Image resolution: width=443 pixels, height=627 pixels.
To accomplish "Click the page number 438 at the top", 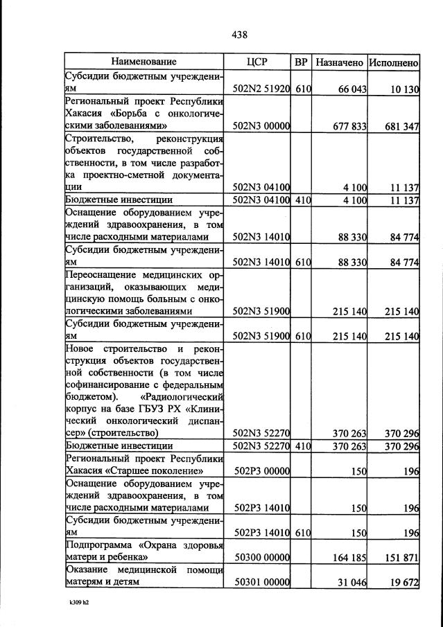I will tap(240, 35).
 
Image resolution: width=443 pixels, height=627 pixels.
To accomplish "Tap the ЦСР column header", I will tap(257, 62).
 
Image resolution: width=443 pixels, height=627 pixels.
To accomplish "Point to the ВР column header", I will tap(301, 62).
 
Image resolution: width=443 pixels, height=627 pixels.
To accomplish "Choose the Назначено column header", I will tap(339, 62).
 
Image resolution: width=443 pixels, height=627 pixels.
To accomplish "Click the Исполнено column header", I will tap(393, 62).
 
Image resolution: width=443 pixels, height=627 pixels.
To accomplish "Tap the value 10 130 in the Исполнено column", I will tap(404, 89).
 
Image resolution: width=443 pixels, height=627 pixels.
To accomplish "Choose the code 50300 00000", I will tap(262, 556).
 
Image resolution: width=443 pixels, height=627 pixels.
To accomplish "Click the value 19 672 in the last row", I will tap(404, 582).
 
